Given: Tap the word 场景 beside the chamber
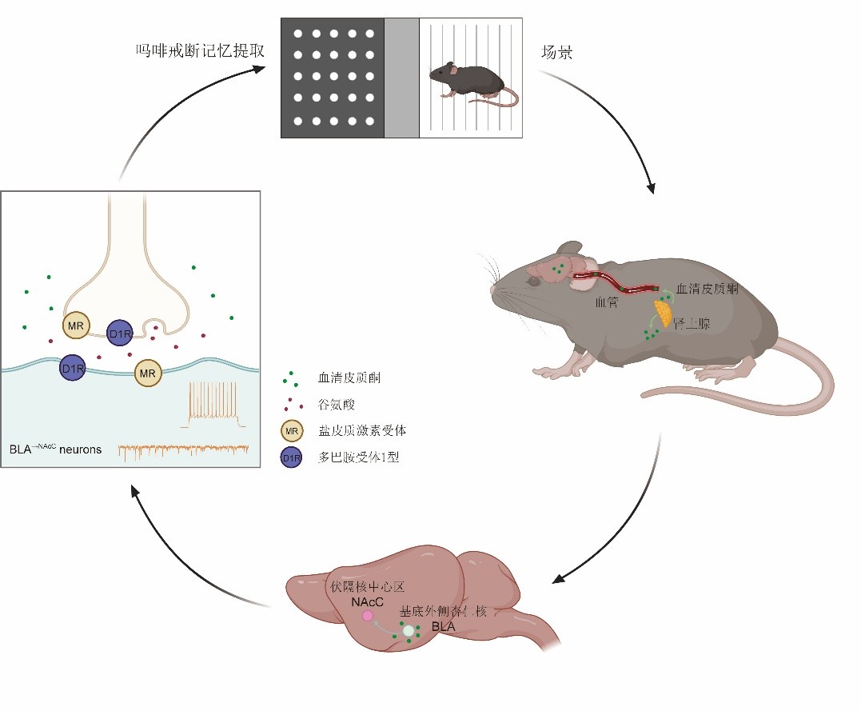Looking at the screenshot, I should pos(558,53).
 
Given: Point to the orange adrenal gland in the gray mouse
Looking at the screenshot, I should pos(663,310).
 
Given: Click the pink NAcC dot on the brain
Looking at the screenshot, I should pos(368,615).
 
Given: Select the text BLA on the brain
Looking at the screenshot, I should pos(443,627).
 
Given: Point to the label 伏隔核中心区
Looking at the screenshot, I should pos(362,587).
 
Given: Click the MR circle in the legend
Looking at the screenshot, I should pos(291,431).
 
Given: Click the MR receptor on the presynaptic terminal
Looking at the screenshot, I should pos(77,326).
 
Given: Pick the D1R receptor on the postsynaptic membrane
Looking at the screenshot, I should pos(73,369).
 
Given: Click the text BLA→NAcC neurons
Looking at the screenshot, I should pos(56,449).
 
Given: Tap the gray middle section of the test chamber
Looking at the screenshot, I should pos(402,78).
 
